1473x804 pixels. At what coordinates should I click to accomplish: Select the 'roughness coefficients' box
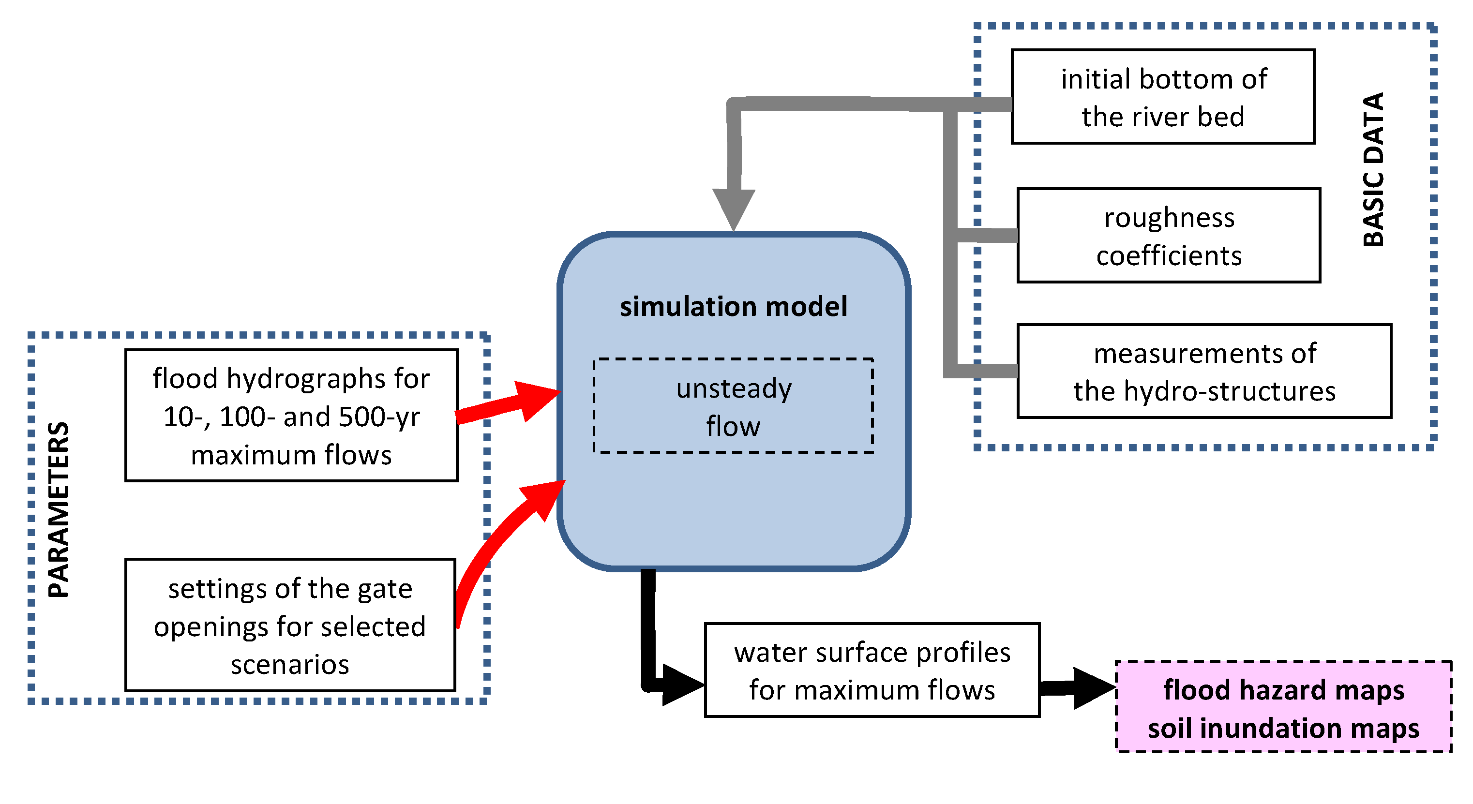tap(1168, 235)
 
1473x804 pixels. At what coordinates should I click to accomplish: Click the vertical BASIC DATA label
tap(1373, 169)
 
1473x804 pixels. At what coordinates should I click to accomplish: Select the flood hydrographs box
tap(291, 416)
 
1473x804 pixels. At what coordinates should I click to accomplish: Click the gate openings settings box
tap(290, 625)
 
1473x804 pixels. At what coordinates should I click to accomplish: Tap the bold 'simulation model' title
tap(733, 307)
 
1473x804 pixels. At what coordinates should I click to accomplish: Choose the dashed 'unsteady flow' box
tap(733, 406)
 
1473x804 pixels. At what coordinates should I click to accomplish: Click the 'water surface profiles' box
tap(872, 670)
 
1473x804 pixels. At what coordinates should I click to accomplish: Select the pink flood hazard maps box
tap(1283, 707)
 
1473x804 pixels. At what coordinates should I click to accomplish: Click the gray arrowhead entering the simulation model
tap(733, 208)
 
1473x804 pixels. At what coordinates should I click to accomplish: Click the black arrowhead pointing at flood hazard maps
tap(1092, 688)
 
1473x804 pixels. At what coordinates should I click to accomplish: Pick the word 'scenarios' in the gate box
tap(290, 665)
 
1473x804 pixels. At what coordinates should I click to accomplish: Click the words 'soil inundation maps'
tap(1283, 729)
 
